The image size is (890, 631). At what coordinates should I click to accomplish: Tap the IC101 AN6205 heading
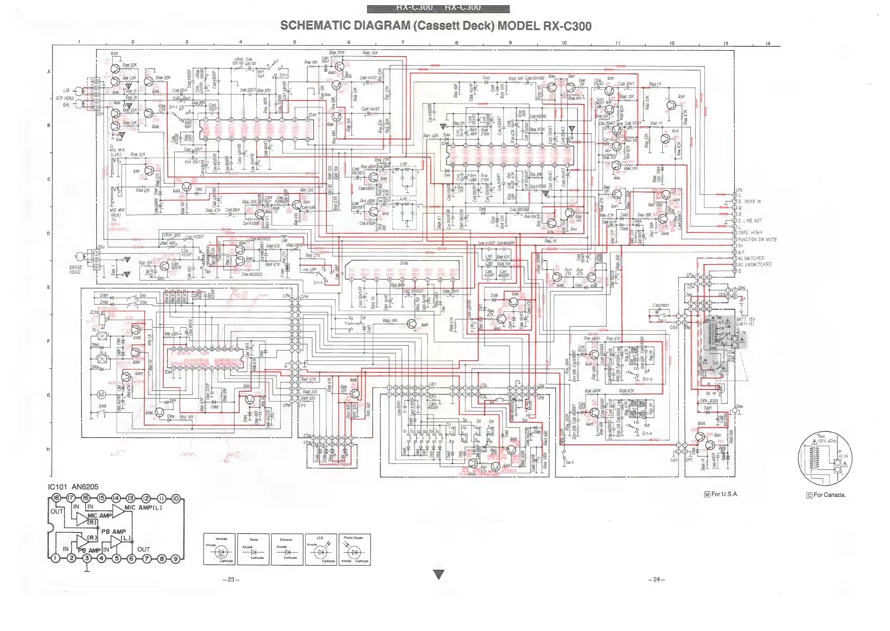tap(73, 487)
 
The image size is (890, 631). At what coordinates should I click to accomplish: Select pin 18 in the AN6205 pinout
tap(56, 498)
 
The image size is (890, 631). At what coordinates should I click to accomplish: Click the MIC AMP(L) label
tap(143, 507)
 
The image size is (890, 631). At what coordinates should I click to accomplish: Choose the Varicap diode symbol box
tap(219, 549)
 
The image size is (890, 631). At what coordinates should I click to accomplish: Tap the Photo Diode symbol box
tap(354, 549)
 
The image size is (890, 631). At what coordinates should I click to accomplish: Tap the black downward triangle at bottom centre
tap(439, 574)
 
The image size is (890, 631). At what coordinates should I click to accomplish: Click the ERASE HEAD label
tap(76, 270)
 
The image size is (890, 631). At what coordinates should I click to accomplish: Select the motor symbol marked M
tap(101, 395)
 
